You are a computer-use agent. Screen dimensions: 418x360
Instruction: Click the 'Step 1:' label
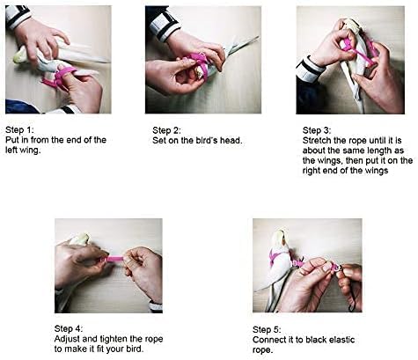[x=19, y=129]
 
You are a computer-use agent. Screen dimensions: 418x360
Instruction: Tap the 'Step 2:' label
[x=166, y=130]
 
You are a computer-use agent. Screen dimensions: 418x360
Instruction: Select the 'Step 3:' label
[x=317, y=130]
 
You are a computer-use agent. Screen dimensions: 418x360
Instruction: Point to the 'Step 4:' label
[x=69, y=328]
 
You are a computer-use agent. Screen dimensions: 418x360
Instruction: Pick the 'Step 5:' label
[x=267, y=329]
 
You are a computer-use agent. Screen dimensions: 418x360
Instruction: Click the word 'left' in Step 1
[x=11, y=150]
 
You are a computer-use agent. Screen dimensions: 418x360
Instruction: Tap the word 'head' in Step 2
[x=231, y=140]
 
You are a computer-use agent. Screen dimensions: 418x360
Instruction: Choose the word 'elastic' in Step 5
[x=342, y=340]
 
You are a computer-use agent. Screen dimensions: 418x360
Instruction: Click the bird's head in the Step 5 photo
[x=280, y=239]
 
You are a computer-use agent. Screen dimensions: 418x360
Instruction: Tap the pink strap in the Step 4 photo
[x=114, y=259]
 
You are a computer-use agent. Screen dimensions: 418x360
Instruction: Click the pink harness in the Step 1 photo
[x=60, y=77]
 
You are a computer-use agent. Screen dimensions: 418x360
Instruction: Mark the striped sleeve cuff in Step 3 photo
[x=309, y=70]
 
